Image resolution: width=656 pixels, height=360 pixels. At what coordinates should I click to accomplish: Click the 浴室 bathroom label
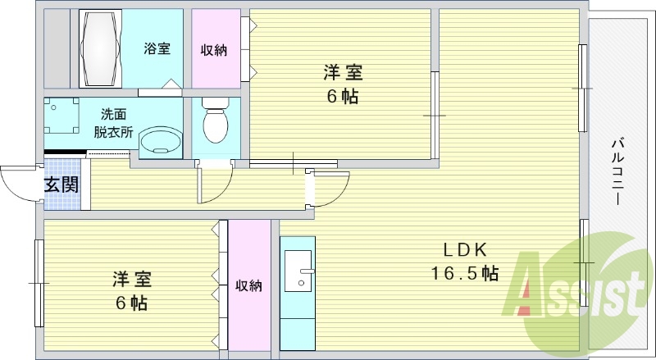[x=157, y=48]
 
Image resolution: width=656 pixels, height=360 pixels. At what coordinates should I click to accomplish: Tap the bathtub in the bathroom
[x=100, y=48]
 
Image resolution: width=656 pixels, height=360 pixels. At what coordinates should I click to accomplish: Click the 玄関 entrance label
[x=61, y=184]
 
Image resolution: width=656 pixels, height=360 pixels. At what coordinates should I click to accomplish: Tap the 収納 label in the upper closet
[x=214, y=50]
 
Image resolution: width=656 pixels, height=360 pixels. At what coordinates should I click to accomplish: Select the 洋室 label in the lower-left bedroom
[x=131, y=280]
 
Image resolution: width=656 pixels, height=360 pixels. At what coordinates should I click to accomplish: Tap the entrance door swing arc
[x=18, y=182]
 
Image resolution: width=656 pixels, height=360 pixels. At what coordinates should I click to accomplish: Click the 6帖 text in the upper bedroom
[x=342, y=96]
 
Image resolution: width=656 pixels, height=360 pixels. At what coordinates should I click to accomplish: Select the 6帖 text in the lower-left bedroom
[x=131, y=303]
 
